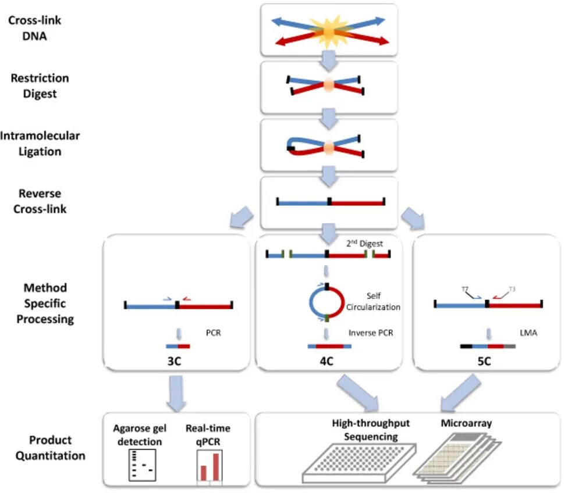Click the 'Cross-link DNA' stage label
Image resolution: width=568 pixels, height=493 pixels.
click(x=35, y=27)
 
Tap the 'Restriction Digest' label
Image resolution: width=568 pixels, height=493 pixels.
click(x=40, y=85)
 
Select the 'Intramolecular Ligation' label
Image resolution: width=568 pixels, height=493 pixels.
click(x=40, y=144)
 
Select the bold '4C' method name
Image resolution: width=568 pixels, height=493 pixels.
click(x=326, y=362)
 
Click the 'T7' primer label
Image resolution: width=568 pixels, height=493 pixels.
click(x=464, y=289)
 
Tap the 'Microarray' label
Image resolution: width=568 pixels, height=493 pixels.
click(x=466, y=423)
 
